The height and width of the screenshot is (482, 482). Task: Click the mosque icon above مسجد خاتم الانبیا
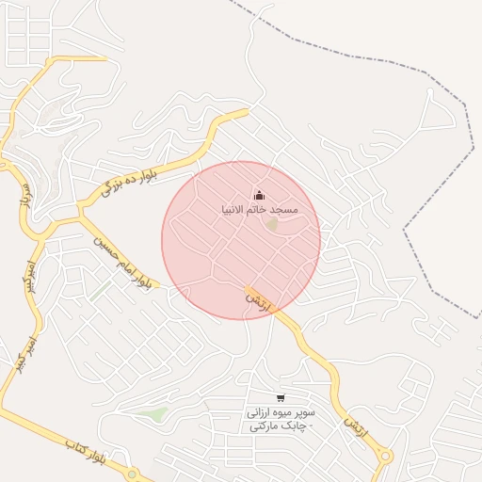(x=259, y=195)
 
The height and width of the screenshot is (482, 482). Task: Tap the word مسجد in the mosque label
(x=283, y=209)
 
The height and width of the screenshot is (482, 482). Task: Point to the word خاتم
(x=259, y=209)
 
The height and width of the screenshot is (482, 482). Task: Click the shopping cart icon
(x=280, y=397)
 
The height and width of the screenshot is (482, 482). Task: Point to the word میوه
(x=282, y=412)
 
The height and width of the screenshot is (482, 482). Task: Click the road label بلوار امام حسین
(x=121, y=260)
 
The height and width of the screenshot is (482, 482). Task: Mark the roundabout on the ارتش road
(x=384, y=458)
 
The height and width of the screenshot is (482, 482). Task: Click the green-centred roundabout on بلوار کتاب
(x=133, y=474)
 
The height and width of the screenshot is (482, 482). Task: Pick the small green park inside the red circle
(x=272, y=225)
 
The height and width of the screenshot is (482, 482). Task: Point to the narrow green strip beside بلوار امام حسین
(x=100, y=291)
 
